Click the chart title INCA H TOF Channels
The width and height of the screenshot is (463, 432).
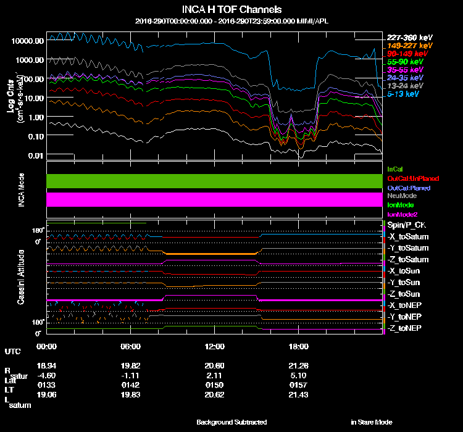click(231, 10)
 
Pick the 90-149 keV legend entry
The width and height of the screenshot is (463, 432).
click(404, 54)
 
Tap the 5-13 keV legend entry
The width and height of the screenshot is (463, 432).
click(403, 94)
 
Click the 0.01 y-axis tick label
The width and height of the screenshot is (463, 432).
click(35, 155)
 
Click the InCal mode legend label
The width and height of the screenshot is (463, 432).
click(395, 168)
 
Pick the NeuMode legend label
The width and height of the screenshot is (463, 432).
click(402, 196)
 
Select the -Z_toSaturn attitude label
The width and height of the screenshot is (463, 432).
click(407, 259)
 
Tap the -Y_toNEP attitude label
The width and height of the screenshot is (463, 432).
click(405, 316)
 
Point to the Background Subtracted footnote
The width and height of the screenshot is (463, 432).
click(231, 422)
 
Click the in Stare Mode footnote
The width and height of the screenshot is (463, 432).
click(372, 422)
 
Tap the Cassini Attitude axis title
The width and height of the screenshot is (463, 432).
click(21, 276)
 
